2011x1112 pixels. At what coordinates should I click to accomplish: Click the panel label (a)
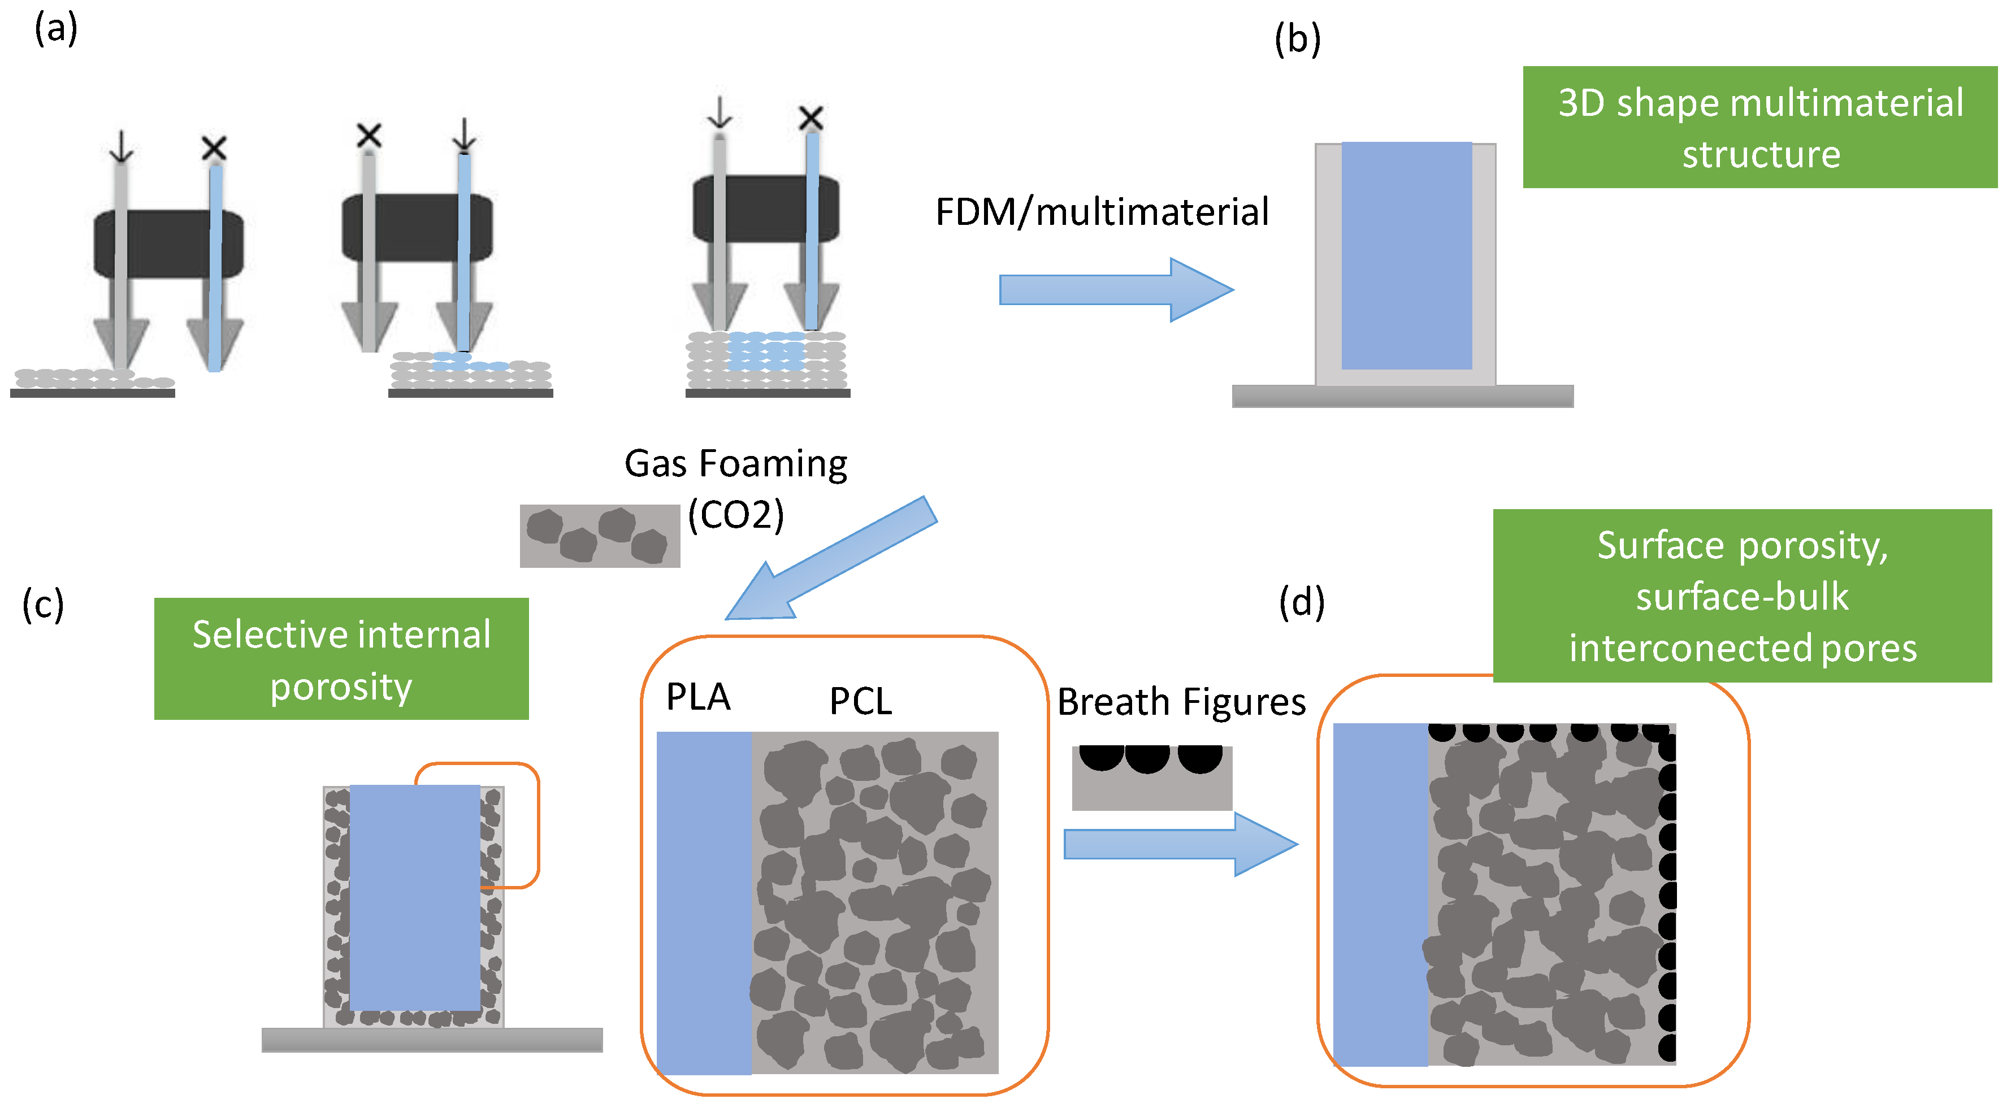[x=55, y=29]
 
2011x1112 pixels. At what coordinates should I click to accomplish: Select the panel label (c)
[x=43, y=605]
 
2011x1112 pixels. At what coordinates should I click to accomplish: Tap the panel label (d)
[x=1301, y=602]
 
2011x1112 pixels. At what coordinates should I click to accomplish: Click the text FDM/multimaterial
[x=1102, y=212]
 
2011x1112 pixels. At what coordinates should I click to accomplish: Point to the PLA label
[x=698, y=697]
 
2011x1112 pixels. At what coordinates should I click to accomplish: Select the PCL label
[x=860, y=701]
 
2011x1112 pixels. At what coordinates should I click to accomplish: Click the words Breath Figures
[x=1181, y=702]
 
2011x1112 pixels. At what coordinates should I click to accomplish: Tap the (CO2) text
[x=735, y=515]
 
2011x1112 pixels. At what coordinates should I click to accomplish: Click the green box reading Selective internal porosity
[x=341, y=659]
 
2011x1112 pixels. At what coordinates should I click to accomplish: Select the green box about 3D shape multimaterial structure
[x=1759, y=127]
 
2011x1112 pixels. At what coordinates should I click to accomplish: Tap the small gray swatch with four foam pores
[x=600, y=536]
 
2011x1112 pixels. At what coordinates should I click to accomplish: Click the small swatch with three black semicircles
[x=1151, y=777]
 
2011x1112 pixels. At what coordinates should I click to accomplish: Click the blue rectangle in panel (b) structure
[x=1406, y=255]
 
